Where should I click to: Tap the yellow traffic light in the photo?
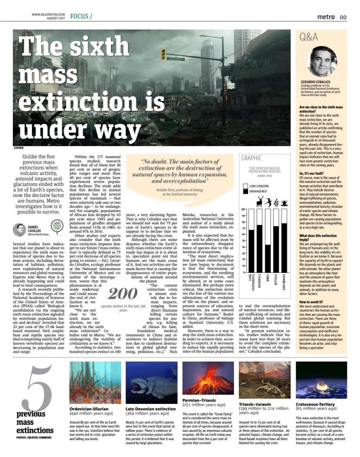pos(163,54)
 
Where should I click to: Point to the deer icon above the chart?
pos(260,202)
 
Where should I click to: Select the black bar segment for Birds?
pos(268,258)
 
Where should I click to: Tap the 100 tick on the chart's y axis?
pos(244,209)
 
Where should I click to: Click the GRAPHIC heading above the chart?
pos(252,158)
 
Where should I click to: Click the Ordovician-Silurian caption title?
pos(89,408)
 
